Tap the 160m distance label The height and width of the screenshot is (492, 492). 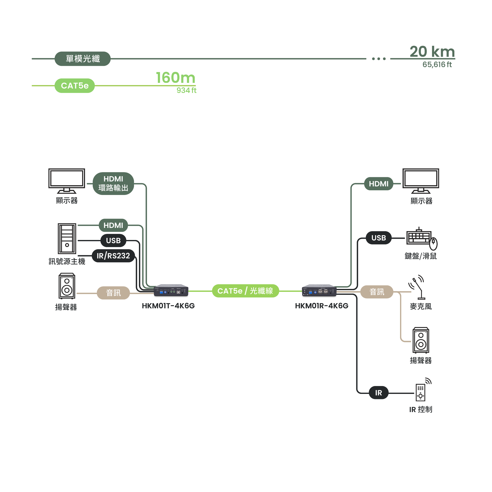tap(176, 78)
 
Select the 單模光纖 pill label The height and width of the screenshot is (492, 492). tap(83, 59)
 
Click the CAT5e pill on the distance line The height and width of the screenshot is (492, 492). tap(75, 86)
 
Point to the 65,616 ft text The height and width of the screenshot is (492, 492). tap(437, 65)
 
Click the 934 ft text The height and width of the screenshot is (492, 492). tap(186, 90)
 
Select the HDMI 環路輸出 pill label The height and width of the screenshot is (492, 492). tap(113, 184)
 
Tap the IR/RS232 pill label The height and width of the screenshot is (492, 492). tap(113, 256)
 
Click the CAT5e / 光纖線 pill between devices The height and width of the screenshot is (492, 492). tap(245, 291)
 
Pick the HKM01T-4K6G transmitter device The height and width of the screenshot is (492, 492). tap(171, 290)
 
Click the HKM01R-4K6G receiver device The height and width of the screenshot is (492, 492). tap(319, 290)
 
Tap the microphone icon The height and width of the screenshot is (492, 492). tap(417, 287)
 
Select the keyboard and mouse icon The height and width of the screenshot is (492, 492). tap(422, 238)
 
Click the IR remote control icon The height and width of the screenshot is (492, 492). tap(422, 390)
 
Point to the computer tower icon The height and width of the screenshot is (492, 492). tap(67, 239)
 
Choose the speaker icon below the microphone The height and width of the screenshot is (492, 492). tap(421, 340)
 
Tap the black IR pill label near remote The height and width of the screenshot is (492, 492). tap(378, 393)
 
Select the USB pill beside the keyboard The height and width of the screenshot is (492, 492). tap(378, 238)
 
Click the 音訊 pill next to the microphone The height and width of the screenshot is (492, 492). tap(377, 292)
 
